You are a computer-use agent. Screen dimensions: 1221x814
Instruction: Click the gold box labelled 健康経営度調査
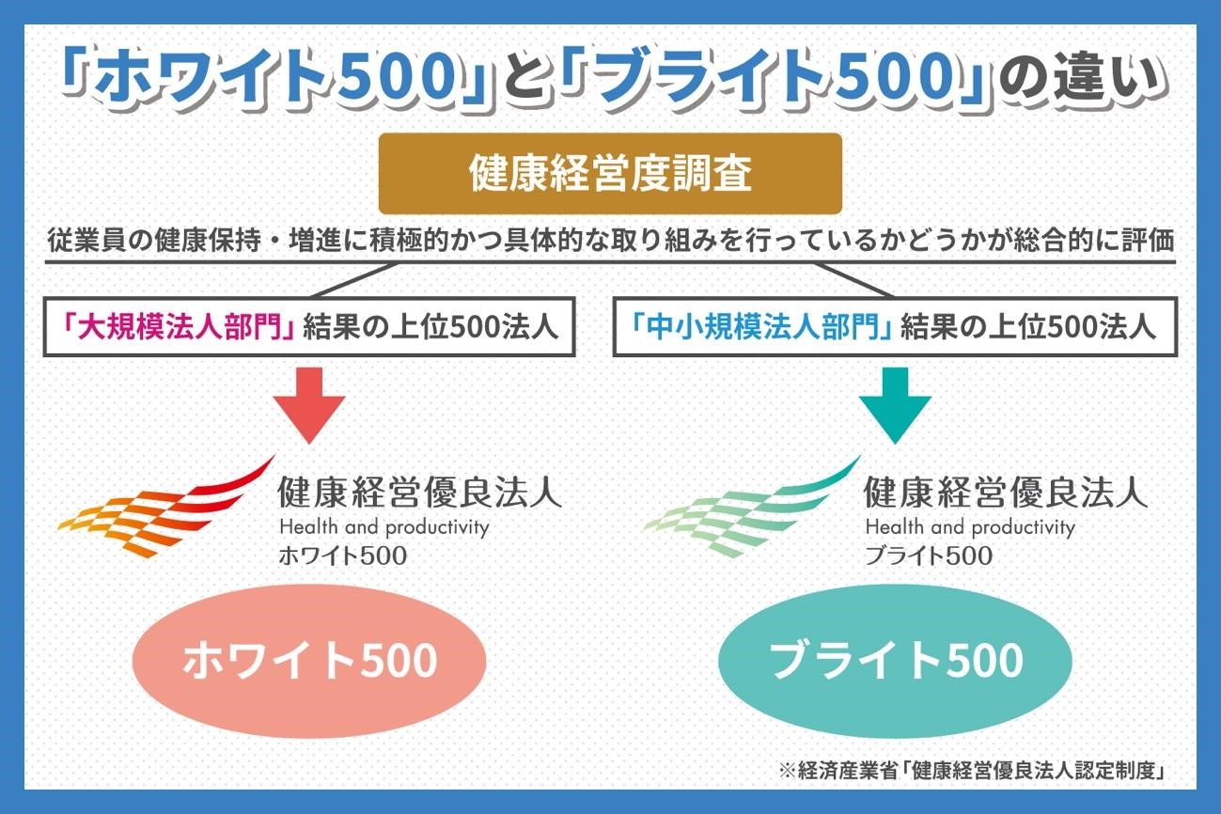pyautogui.click(x=610, y=173)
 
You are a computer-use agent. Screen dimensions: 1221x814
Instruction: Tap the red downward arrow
pyautogui.click(x=309, y=405)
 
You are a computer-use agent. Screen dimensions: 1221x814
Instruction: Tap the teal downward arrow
pyautogui.click(x=895, y=405)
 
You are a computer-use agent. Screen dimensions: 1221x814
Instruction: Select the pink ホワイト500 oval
pyautogui.click(x=309, y=661)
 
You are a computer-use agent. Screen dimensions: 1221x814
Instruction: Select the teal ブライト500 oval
pyautogui.click(x=896, y=661)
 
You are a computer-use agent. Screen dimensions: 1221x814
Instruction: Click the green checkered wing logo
pyautogui.click(x=752, y=507)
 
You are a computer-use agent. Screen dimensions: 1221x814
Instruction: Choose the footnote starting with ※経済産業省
pyautogui.click(x=973, y=771)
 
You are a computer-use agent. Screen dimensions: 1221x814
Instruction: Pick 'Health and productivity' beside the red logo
pyautogui.click(x=384, y=527)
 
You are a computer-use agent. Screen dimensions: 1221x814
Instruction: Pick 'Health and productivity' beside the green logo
pyautogui.click(x=970, y=527)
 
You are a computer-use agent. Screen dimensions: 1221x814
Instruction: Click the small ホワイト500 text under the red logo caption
pyautogui.click(x=343, y=556)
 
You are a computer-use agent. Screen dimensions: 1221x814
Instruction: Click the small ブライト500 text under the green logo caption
pyautogui.click(x=929, y=556)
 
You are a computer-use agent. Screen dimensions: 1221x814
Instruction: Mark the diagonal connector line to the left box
pyautogui.click(x=354, y=280)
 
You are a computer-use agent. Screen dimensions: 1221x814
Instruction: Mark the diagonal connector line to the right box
pyautogui.click(x=854, y=280)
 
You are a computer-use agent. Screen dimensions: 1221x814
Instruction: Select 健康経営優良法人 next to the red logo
pyautogui.click(x=420, y=492)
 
